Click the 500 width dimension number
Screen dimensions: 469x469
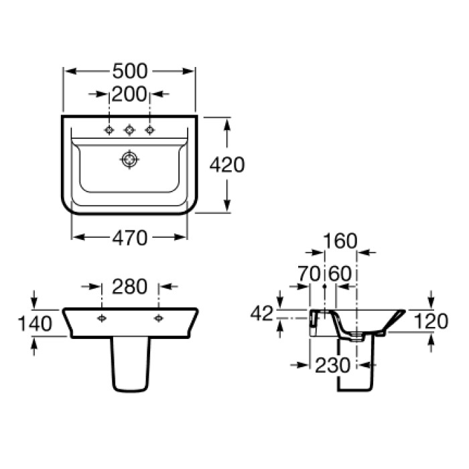[130, 71]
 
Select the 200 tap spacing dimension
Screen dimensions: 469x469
[129, 94]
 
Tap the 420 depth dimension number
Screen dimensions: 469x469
[227, 165]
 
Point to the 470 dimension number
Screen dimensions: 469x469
[130, 238]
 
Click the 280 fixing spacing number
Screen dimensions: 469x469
[129, 286]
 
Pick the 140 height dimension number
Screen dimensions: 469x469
[35, 324]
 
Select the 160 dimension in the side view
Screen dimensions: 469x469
[340, 241]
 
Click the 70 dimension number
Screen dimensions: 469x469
[309, 273]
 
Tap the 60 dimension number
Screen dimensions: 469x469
[340, 273]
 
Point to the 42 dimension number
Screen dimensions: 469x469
[262, 313]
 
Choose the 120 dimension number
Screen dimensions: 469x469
[431, 321]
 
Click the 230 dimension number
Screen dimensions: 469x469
[332, 365]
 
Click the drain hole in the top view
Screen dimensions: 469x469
[129, 159]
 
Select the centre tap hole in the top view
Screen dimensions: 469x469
[129, 130]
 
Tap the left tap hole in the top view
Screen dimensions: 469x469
[109, 130]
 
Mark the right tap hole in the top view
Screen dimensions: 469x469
[149, 130]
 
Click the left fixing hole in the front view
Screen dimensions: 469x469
[102, 318]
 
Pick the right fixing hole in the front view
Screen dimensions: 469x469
[159, 318]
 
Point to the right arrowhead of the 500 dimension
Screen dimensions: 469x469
[188, 71]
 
